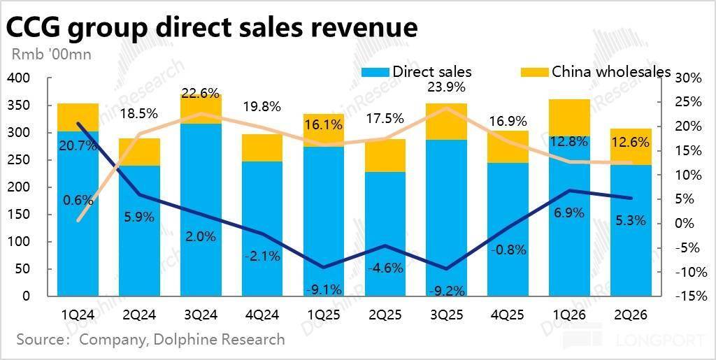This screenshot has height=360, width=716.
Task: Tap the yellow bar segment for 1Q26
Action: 569,117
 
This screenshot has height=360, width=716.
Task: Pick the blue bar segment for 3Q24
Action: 201,210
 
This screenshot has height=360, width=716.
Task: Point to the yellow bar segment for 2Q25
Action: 385,155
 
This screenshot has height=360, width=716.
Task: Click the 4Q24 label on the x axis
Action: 262,315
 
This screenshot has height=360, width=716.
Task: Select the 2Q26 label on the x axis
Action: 631,315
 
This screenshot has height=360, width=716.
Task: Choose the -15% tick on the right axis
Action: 688,296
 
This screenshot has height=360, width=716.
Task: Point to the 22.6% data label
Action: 201,93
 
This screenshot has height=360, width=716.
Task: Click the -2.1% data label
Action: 263,257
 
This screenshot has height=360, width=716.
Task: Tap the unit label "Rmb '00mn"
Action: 50,53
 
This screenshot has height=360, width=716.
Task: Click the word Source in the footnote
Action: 41,340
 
